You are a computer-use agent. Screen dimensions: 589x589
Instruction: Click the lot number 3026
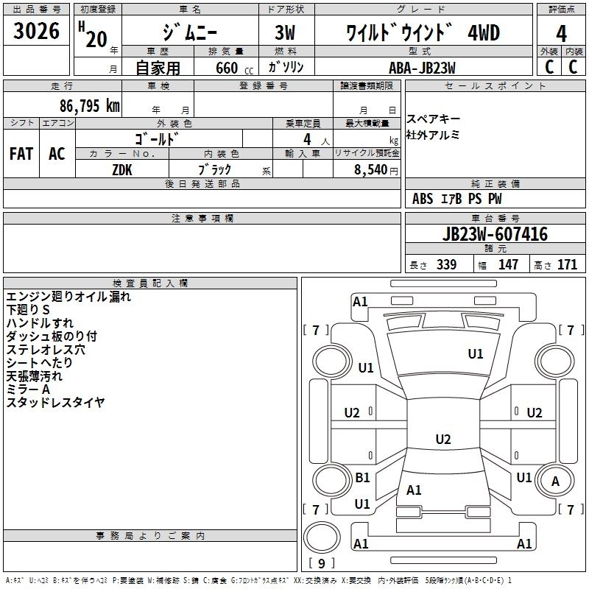36,31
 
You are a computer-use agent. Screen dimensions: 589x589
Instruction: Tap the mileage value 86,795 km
90,106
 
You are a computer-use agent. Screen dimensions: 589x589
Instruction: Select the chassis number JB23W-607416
495,234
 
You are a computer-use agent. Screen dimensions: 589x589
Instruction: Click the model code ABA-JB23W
422,68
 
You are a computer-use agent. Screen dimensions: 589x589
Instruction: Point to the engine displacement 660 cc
234,68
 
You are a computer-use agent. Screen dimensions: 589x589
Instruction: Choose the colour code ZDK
122,170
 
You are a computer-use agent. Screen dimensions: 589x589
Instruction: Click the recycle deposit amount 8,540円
376,170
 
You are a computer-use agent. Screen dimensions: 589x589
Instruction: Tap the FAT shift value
21,154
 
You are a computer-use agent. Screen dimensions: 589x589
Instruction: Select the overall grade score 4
561,34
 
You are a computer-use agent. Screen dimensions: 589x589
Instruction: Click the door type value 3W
285,32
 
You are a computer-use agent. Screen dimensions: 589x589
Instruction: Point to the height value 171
567,264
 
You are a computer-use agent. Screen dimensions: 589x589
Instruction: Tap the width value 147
508,264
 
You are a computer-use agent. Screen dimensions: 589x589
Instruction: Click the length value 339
447,264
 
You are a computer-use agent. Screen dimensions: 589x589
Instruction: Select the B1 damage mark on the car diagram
362,477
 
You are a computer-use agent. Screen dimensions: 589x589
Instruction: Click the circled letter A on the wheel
555,482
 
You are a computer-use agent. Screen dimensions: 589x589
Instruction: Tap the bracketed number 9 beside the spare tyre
321,563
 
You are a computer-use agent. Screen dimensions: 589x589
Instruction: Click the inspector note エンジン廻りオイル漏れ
68,297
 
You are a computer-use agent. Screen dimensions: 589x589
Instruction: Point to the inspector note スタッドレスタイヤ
56,402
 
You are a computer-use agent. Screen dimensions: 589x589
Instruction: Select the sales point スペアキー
433,119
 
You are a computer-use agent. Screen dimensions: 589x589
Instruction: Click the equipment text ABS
423,199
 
